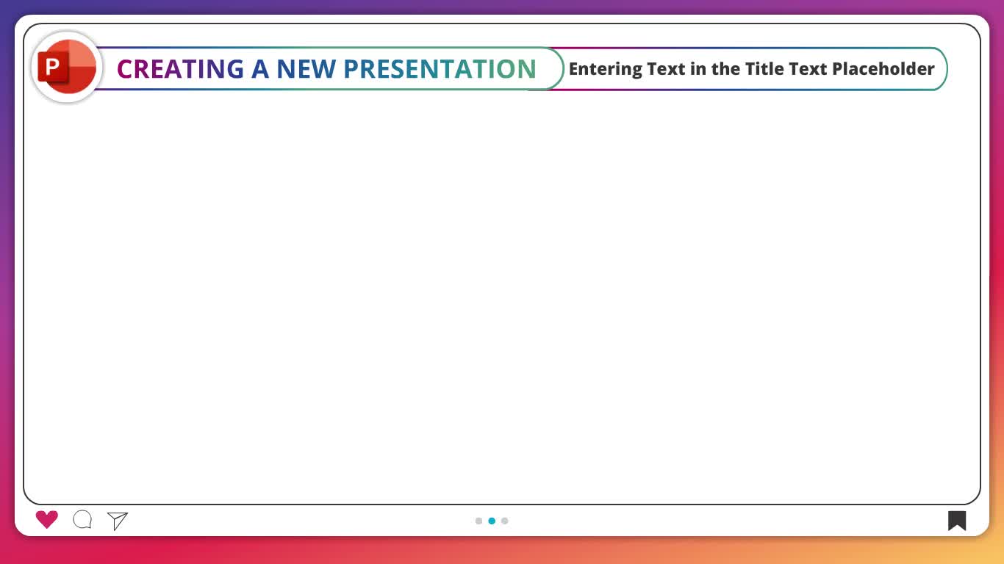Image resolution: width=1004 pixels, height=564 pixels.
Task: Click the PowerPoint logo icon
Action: [x=67, y=68]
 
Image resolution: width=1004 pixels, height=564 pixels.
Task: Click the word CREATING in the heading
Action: [x=180, y=69]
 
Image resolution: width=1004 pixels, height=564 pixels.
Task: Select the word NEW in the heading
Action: [x=306, y=69]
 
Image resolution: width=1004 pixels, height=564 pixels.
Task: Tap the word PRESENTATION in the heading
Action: [x=440, y=69]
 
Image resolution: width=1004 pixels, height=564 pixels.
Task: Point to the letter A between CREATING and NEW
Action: [x=260, y=69]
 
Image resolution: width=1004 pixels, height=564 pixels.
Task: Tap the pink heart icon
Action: [x=46, y=520]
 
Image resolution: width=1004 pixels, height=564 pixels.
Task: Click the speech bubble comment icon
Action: [x=82, y=520]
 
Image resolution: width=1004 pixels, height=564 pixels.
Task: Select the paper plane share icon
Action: [x=118, y=521]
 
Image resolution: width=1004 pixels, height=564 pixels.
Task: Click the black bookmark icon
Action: [x=957, y=521]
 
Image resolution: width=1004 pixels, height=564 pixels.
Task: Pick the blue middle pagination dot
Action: [x=492, y=521]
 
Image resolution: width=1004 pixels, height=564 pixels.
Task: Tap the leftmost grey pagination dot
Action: [x=478, y=521]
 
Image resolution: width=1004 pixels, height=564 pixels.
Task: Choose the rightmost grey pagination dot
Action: [x=505, y=521]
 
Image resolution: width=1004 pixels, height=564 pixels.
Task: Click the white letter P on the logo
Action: [x=52, y=68]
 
